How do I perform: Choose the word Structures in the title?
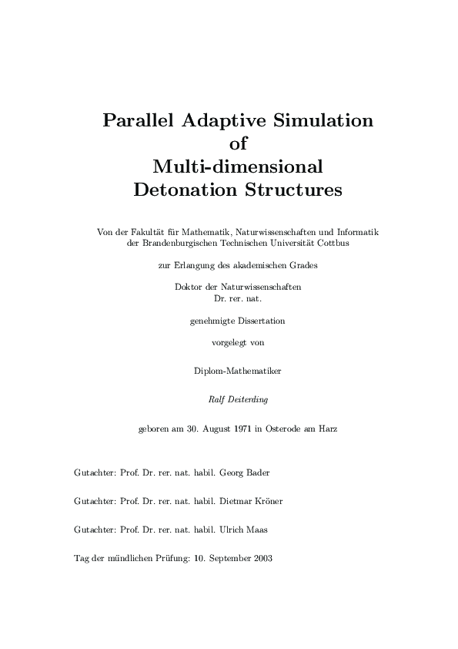point(286,189)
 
